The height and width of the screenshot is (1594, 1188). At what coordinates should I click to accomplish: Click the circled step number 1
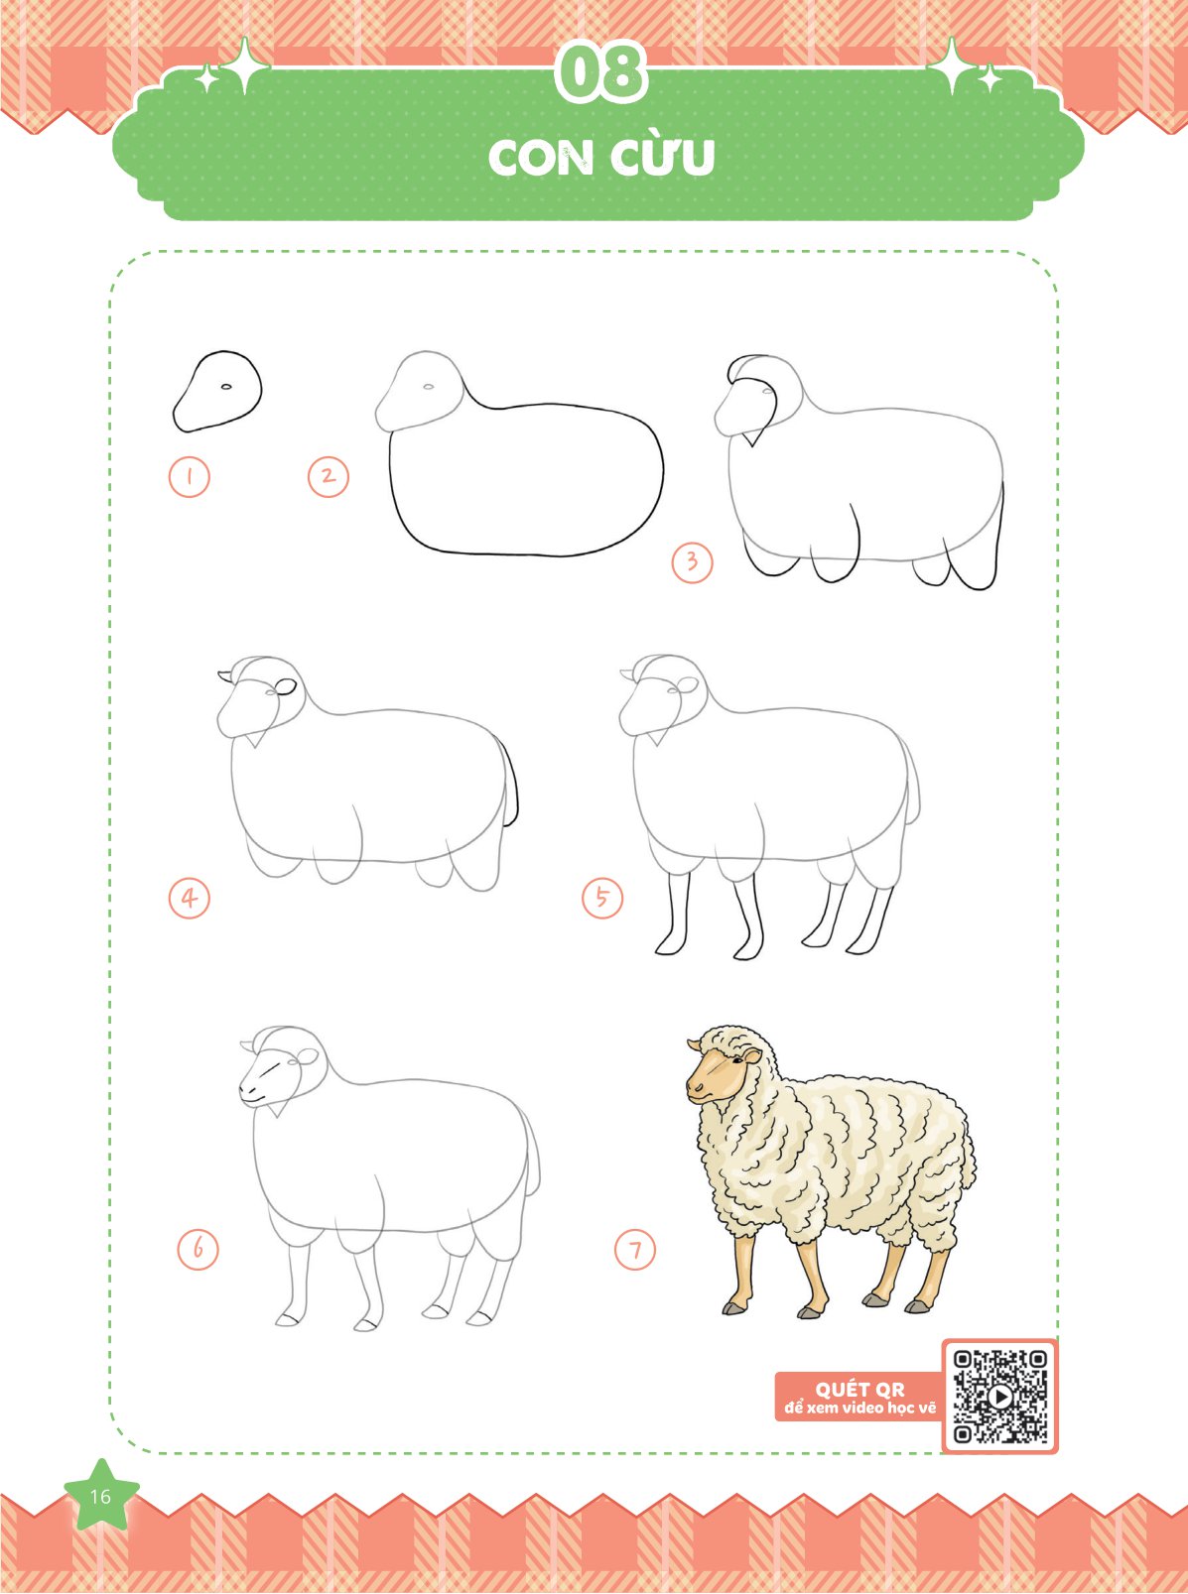point(190,476)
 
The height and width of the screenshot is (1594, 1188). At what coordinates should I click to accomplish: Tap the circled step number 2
point(328,476)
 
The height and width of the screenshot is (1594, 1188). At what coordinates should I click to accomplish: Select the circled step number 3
point(692,561)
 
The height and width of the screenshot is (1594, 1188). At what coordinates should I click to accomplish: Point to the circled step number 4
point(190,898)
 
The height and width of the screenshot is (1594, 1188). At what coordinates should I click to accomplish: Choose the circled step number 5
point(601,898)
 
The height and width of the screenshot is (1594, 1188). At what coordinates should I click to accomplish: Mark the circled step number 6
point(198,1250)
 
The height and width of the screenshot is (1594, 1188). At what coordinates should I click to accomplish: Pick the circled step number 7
point(635,1250)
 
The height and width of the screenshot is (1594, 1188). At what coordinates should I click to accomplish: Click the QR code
point(999,1396)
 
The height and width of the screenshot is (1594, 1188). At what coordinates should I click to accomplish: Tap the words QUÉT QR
point(859,1390)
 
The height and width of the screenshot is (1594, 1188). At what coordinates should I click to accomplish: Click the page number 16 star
point(100,1496)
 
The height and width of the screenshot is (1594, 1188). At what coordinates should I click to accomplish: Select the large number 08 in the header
point(601,74)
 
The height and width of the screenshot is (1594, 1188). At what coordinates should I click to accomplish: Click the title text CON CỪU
point(601,158)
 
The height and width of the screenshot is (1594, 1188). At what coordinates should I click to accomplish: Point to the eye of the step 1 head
point(226,387)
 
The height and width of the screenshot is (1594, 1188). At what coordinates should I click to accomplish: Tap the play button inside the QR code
point(999,1396)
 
